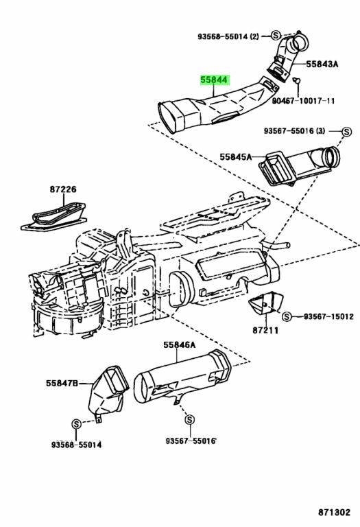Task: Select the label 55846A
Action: point(180,344)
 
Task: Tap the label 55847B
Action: point(63,382)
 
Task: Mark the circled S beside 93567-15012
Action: point(287,316)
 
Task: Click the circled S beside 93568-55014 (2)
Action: point(274,34)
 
